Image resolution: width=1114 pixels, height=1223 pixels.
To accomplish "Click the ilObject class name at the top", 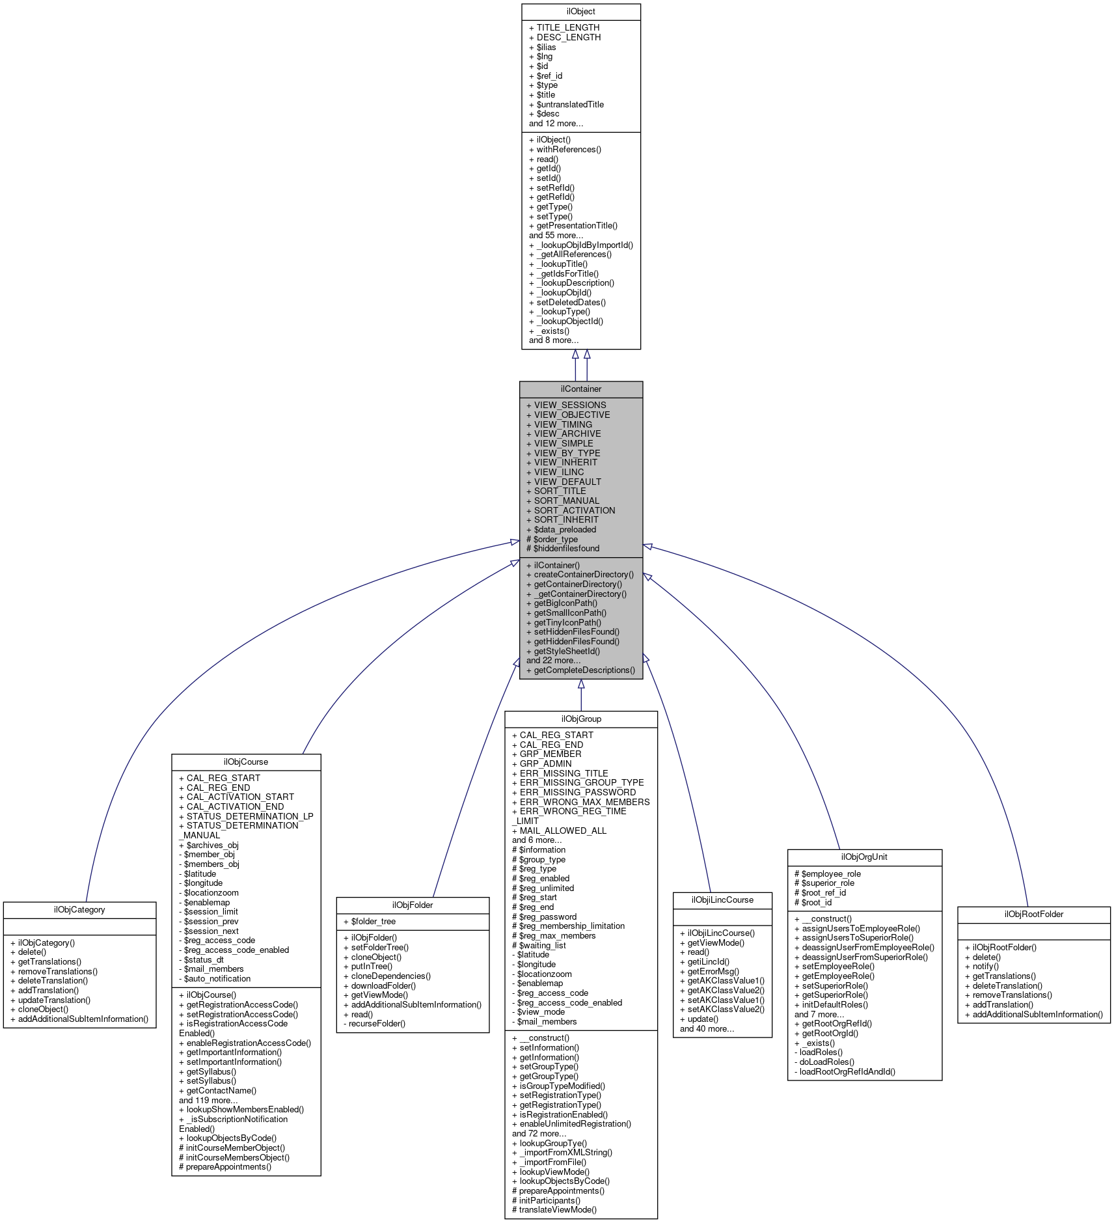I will tap(580, 12).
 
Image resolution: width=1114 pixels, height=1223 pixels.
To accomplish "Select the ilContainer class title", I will tap(580, 389).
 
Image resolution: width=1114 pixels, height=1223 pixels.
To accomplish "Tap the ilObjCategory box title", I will tap(79, 910).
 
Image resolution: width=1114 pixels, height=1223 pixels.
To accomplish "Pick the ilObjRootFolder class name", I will tap(1033, 914).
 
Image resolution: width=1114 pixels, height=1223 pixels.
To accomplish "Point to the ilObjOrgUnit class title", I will tap(864, 857).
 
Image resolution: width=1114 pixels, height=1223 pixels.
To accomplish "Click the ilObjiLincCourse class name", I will tap(722, 900).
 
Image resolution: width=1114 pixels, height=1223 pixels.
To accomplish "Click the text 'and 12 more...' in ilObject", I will tap(556, 124).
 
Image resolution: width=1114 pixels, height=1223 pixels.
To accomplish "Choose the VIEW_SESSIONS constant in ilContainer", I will tap(569, 405).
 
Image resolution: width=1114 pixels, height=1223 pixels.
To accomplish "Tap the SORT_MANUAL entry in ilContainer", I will tap(566, 501).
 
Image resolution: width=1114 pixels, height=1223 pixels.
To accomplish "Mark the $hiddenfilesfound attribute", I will tap(566, 549).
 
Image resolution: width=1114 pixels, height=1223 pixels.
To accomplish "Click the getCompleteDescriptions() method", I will tap(584, 670).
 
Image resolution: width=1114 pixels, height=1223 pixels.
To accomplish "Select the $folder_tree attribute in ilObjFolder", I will tap(373, 922).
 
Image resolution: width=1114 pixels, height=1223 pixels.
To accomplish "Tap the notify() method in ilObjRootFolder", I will tap(985, 967).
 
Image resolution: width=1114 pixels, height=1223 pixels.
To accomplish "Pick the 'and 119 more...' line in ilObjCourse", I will tap(208, 1101).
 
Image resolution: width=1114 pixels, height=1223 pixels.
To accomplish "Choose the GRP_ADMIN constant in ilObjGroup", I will tap(545, 764).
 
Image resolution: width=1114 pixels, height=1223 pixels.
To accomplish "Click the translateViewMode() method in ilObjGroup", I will tap(557, 1210).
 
